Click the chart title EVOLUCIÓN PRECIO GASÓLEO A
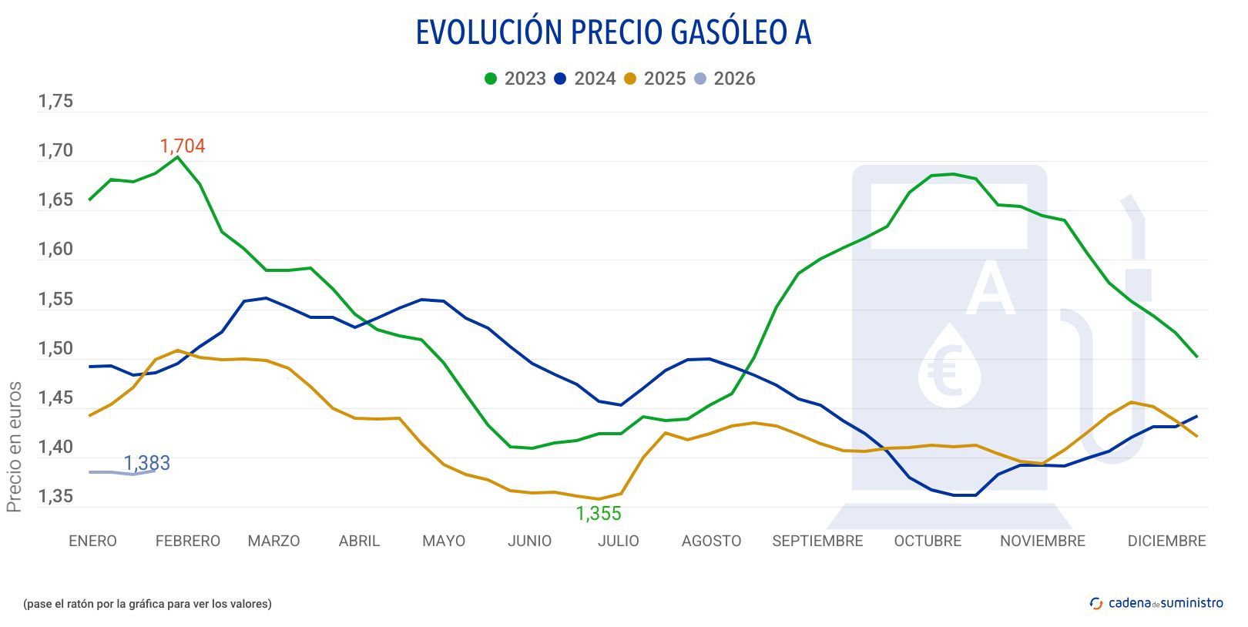[613, 32]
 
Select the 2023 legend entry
[515, 79]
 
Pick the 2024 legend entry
[585, 79]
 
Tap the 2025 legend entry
[655, 79]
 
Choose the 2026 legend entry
[725, 79]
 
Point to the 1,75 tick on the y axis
[55, 102]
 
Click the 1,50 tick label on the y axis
[55, 349]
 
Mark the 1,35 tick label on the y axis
[55, 497]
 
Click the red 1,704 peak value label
[182, 146]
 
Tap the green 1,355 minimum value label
[599, 514]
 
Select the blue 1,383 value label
[146, 463]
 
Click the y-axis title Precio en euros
[14, 447]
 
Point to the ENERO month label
[92, 541]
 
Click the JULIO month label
[618, 541]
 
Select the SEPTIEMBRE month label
[817, 541]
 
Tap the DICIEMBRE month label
[1166, 541]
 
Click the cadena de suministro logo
[1156, 603]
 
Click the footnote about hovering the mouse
[147, 604]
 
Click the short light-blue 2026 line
[123, 472]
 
